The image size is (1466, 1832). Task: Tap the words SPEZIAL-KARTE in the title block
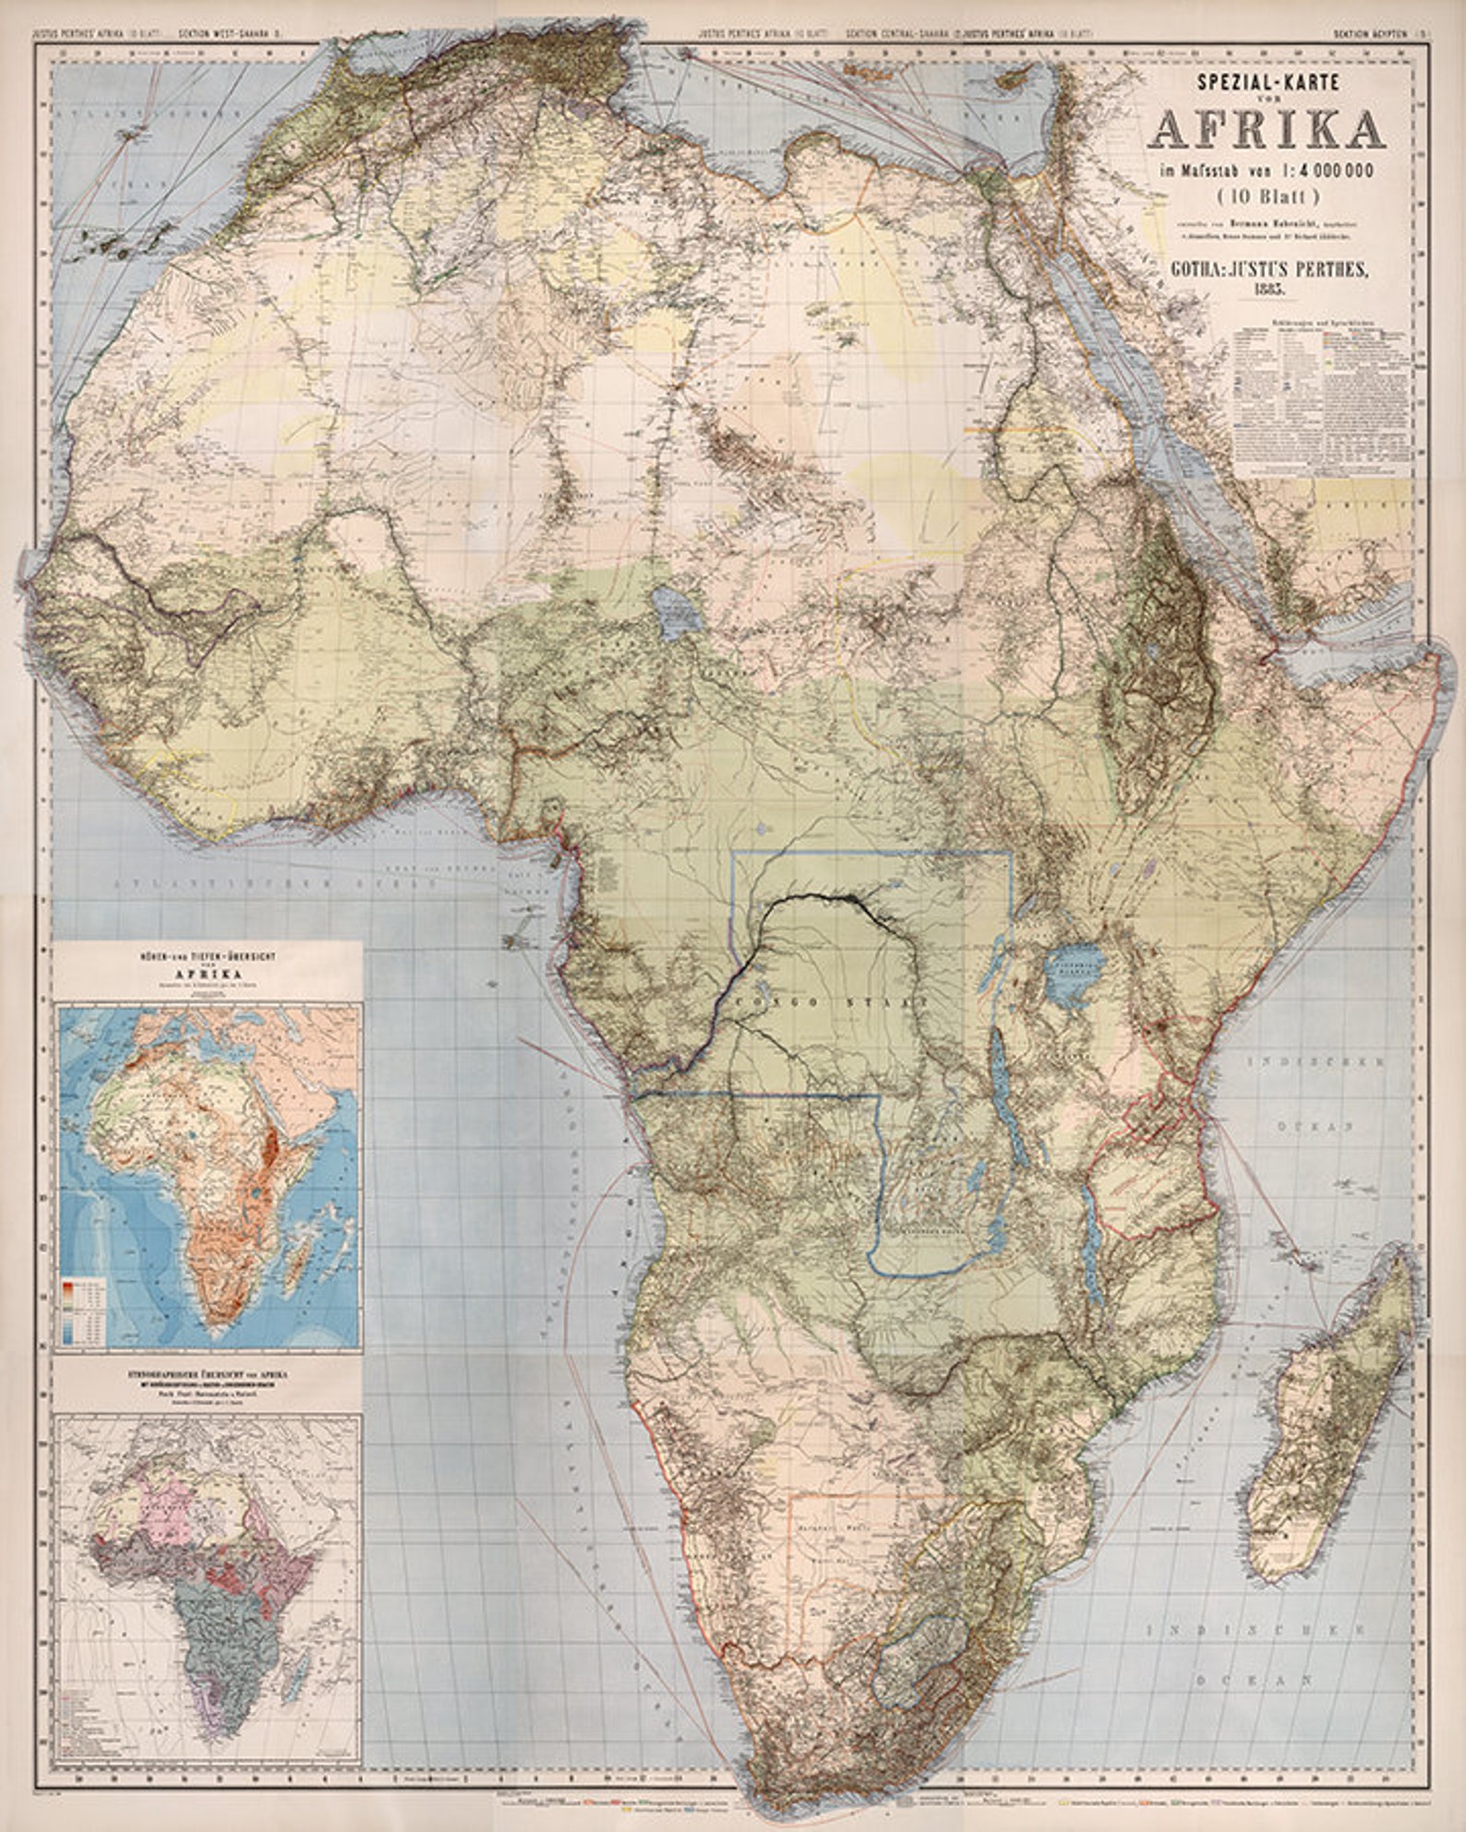(1267, 81)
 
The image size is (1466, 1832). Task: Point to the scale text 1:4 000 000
(1321, 170)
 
